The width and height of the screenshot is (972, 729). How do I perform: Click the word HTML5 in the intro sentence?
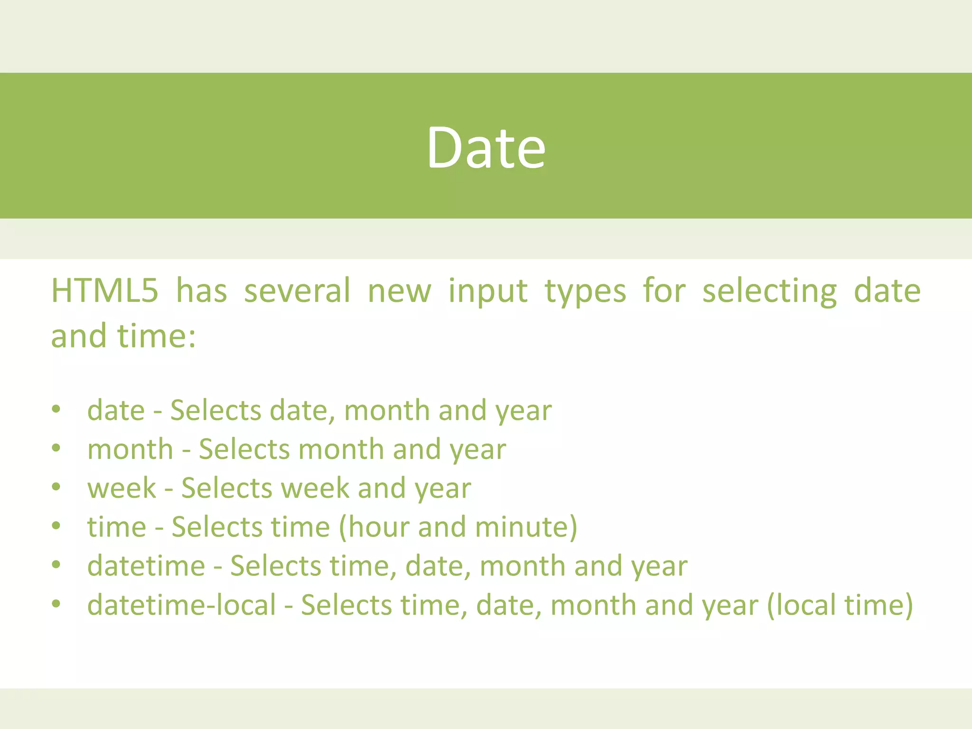pos(104,290)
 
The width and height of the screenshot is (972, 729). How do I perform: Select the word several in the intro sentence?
pos(297,290)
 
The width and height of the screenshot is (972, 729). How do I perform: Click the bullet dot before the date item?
pos(56,409)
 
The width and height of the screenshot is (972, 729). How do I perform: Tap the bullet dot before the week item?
pos(56,487)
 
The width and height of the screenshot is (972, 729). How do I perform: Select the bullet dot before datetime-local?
pos(56,604)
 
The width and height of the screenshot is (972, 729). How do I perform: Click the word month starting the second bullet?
pos(130,449)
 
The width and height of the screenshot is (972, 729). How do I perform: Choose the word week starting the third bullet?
pos(121,488)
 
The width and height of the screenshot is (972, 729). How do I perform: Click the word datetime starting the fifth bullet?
pos(146,566)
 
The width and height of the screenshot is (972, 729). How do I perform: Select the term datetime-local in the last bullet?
pos(181,605)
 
